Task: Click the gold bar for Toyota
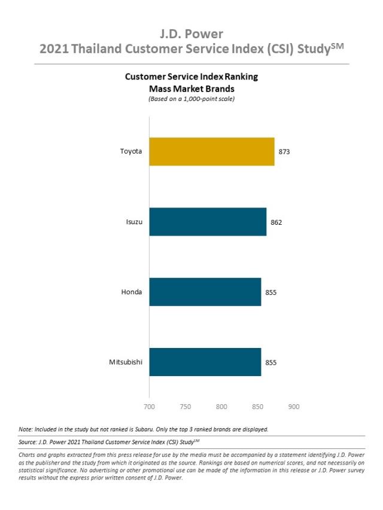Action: [211, 152]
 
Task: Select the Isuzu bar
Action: [208, 222]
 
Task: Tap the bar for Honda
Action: [205, 292]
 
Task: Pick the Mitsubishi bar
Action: [205, 362]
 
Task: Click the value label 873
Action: [284, 152]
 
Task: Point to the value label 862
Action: [276, 222]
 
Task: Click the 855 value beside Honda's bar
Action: [270, 292]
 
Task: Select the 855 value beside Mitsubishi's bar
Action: [270, 362]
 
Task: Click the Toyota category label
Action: [131, 152]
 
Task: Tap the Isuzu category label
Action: [134, 222]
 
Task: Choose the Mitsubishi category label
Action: [126, 362]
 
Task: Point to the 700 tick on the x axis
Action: [149, 407]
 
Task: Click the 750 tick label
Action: [185, 407]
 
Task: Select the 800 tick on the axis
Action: [221, 407]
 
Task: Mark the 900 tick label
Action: [294, 407]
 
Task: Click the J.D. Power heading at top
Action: [191, 33]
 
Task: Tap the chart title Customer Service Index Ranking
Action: [191, 77]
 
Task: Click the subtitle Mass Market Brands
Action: [191, 88]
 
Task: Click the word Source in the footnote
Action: [29, 442]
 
